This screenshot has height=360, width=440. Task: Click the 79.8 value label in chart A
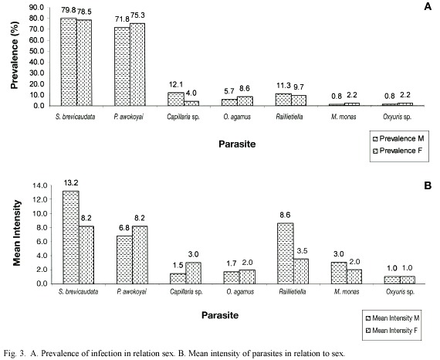69,10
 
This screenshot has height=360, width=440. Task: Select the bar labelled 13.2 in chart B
71,237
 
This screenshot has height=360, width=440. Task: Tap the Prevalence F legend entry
398,151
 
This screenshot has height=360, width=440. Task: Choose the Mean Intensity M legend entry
393,318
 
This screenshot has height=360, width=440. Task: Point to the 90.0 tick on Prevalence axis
36,8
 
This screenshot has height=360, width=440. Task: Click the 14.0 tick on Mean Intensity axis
40,185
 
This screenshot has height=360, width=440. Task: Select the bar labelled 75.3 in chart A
137,65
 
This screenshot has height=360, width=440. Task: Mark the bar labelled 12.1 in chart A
176,99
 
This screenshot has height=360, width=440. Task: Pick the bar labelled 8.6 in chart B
286,253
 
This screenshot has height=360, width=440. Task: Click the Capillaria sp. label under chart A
183,117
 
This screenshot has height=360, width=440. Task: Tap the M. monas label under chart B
347,292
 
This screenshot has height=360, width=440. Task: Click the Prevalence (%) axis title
15,55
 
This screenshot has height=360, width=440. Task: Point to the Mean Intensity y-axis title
17,233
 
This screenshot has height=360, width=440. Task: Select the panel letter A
428,6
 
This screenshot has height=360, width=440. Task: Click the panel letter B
428,186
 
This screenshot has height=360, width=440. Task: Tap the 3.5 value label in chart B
302,251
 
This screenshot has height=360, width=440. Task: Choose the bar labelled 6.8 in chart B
124,260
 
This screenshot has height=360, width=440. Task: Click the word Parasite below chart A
237,144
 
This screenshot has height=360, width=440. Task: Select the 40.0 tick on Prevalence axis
36,63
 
